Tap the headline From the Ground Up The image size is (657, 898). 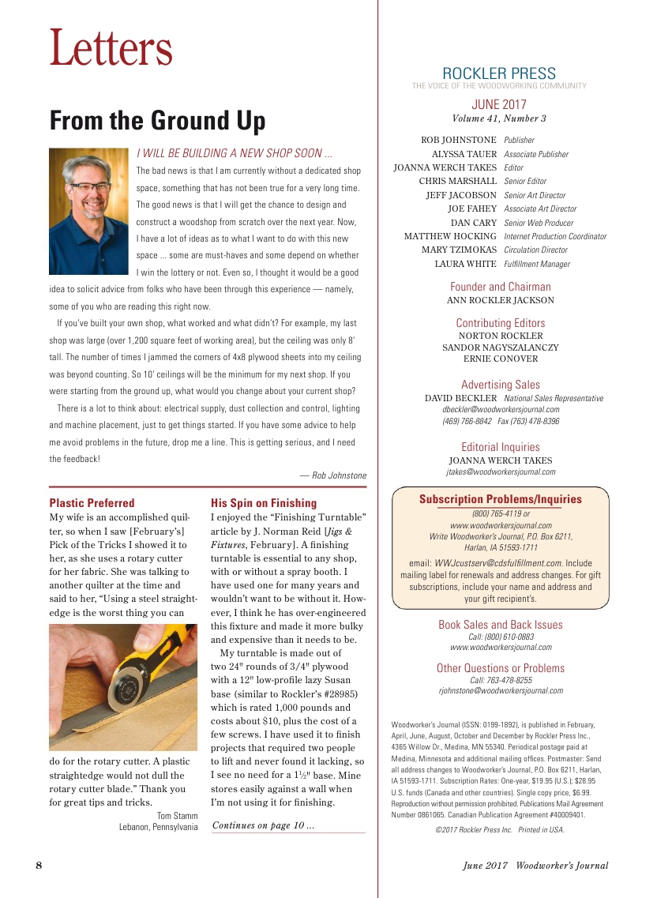(157, 121)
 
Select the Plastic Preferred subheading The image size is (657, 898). (92, 503)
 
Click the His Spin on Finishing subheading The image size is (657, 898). (264, 503)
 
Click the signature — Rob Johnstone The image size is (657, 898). (333, 475)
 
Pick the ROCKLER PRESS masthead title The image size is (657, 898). (499, 74)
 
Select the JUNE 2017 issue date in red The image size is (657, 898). (499, 104)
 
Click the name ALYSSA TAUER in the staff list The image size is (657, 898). (464, 154)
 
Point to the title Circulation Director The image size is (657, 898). (535, 250)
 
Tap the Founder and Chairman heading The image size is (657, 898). (501, 287)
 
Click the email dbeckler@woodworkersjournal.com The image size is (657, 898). (501, 410)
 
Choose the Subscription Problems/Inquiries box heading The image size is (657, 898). (501, 499)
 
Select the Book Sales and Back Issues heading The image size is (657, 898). (501, 625)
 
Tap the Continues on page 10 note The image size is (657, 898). (264, 826)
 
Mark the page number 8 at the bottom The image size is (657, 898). (39, 865)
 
